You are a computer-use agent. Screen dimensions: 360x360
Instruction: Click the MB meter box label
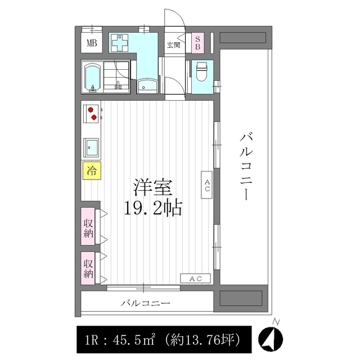coord(91,43)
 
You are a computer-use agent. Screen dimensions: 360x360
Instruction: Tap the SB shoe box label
coord(197,43)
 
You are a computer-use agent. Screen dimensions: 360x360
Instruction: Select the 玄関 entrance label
coord(173,46)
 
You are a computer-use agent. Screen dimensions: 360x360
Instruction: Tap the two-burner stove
coord(92,113)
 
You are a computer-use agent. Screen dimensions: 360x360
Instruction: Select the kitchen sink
coord(91,147)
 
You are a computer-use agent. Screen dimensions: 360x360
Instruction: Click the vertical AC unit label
coord(207,186)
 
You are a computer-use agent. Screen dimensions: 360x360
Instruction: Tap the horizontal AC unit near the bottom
coord(195,278)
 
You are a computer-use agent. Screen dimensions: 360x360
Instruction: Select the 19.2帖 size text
coord(151,209)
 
